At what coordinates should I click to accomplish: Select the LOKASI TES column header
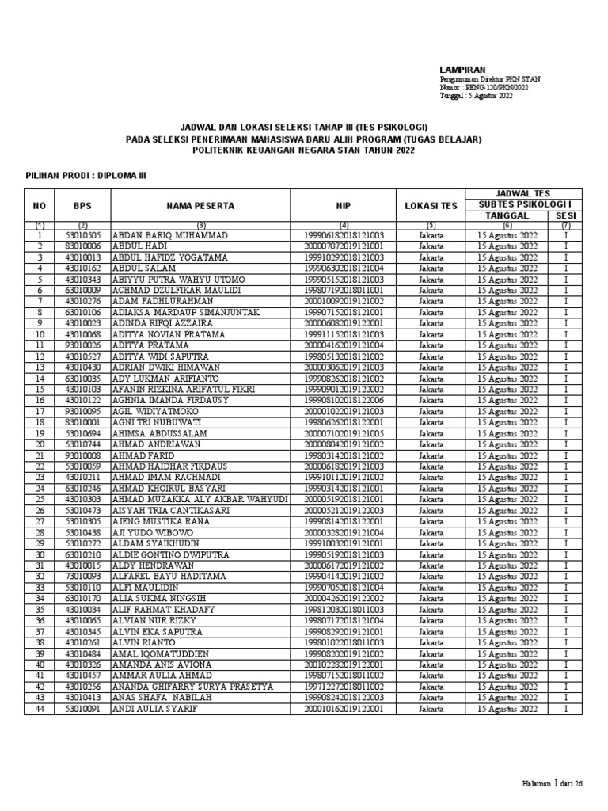pos(431,205)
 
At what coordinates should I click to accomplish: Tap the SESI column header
pos(565,215)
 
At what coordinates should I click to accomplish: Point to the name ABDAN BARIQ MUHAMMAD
pos(170,235)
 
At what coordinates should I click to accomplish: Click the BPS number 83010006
pos(83,246)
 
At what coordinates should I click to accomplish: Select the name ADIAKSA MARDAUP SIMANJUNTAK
pos(186,312)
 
